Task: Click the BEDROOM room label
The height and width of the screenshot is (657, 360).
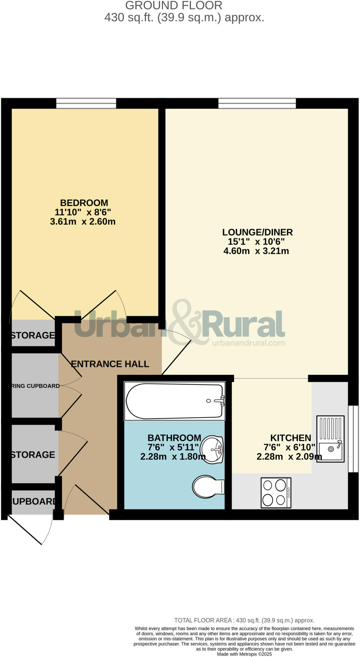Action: tap(84, 203)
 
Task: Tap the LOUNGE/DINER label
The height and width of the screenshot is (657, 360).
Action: tap(257, 232)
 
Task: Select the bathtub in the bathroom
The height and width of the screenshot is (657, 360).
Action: tap(174, 401)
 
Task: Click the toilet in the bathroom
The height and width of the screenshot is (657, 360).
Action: tap(208, 487)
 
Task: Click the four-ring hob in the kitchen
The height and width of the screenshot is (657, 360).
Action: tap(276, 493)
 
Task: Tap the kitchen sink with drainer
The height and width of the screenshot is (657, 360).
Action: tap(330, 439)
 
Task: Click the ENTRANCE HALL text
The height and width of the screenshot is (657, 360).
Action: tap(110, 364)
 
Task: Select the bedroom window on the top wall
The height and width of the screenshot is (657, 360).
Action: tap(86, 103)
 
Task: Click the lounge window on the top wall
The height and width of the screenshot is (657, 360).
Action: tap(257, 103)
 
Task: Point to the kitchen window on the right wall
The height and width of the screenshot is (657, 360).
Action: tap(353, 439)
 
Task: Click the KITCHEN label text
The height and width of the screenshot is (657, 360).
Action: tap(290, 438)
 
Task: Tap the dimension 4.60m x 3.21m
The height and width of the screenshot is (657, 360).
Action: tap(256, 251)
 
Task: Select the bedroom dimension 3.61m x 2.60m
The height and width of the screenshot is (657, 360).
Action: tap(83, 222)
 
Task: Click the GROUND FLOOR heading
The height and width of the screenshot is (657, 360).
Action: tap(173, 5)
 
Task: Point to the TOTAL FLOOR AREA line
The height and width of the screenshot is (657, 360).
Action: tap(244, 620)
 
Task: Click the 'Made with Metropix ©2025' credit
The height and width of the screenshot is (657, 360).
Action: tap(244, 654)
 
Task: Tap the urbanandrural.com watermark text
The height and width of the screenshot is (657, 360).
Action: tap(248, 343)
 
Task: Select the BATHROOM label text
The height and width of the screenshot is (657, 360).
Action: tap(174, 438)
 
